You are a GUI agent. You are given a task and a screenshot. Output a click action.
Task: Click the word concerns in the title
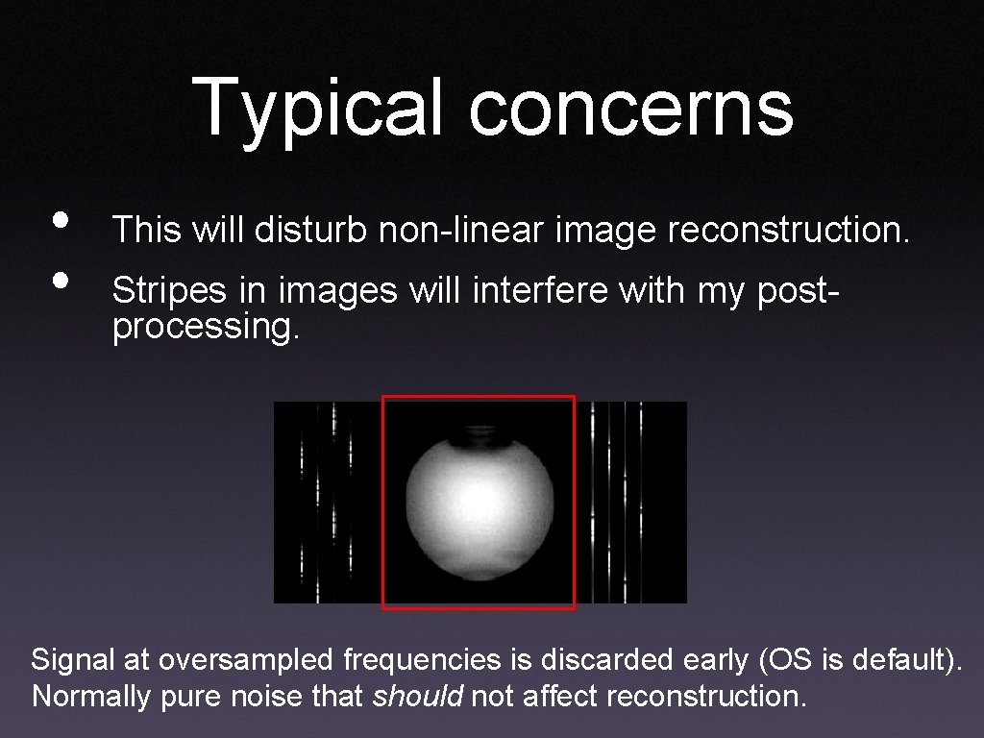coord(631,108)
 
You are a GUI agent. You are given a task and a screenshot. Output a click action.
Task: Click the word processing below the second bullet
coord(206,328)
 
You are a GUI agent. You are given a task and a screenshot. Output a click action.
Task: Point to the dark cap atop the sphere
coord(478,435)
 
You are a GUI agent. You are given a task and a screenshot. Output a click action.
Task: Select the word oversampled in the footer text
coord(245,660)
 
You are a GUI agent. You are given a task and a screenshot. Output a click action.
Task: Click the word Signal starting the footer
coord(73,660)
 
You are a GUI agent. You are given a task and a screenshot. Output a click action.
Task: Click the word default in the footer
coord(894,660)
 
